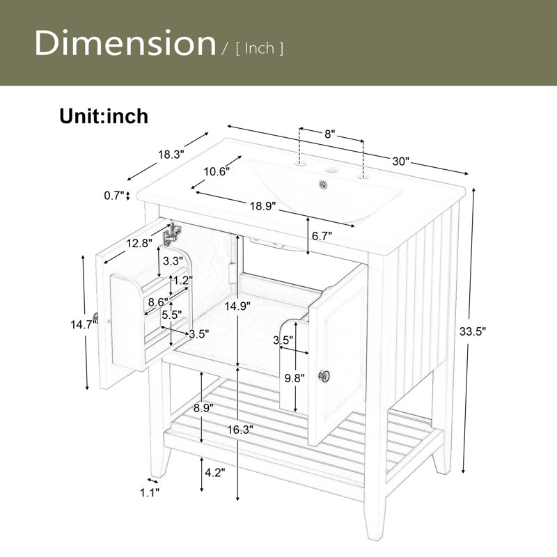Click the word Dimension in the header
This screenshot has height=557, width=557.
coord(125,43)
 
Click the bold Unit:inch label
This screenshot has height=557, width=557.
coord(104,116)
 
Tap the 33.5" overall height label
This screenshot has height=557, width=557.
coord(473,331)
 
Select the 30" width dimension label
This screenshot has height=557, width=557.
coord(401,162)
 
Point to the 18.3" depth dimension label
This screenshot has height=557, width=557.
coord(171,155)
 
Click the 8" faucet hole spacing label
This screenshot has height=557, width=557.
coord(330,134)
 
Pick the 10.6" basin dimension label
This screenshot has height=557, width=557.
coord(217,171)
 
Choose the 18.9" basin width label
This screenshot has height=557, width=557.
coord(263,206)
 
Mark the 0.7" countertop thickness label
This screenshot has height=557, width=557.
coord(114,196)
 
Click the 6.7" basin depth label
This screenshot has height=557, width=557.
coord(322,235)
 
